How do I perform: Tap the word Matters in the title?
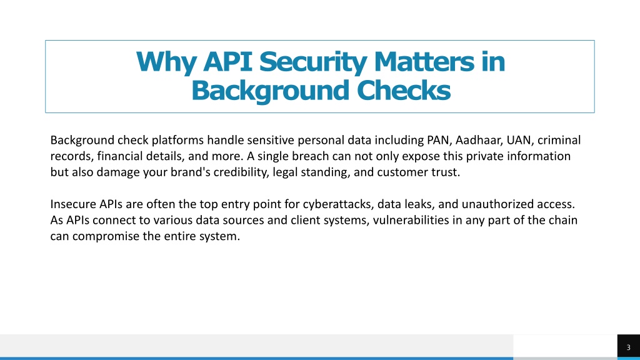click(424, 62)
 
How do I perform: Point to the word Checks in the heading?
click(403, 90)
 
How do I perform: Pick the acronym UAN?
click(519, 140)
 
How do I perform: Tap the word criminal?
click(559, 140)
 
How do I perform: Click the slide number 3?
click(629, 347)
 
